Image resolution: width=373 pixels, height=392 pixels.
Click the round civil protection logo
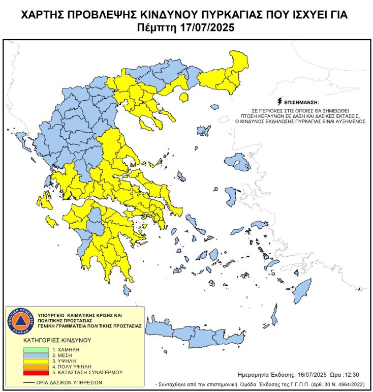(x=20, y=321)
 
